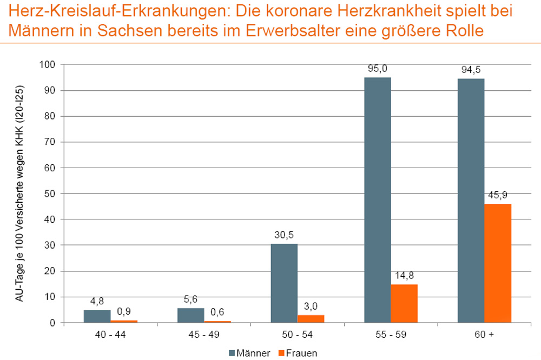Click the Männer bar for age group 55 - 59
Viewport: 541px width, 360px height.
point(377,200)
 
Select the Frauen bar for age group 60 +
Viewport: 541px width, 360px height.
point(498,263)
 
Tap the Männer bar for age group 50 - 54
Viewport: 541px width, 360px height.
point(284,283)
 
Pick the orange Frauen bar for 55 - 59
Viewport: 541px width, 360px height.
point(404,303)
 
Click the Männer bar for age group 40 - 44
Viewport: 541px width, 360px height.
point(97,316)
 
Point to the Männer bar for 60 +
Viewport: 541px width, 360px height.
point(471,201)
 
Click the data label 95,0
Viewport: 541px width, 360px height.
point(377,69)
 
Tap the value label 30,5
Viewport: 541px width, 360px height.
point(284,235)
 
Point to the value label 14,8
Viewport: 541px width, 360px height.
point(404,275)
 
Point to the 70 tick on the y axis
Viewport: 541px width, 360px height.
point(49,142)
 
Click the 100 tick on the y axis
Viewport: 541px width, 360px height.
point(48,65)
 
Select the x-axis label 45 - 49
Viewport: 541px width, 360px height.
point(203,335)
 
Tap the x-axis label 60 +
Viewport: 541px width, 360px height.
point(484,335)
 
